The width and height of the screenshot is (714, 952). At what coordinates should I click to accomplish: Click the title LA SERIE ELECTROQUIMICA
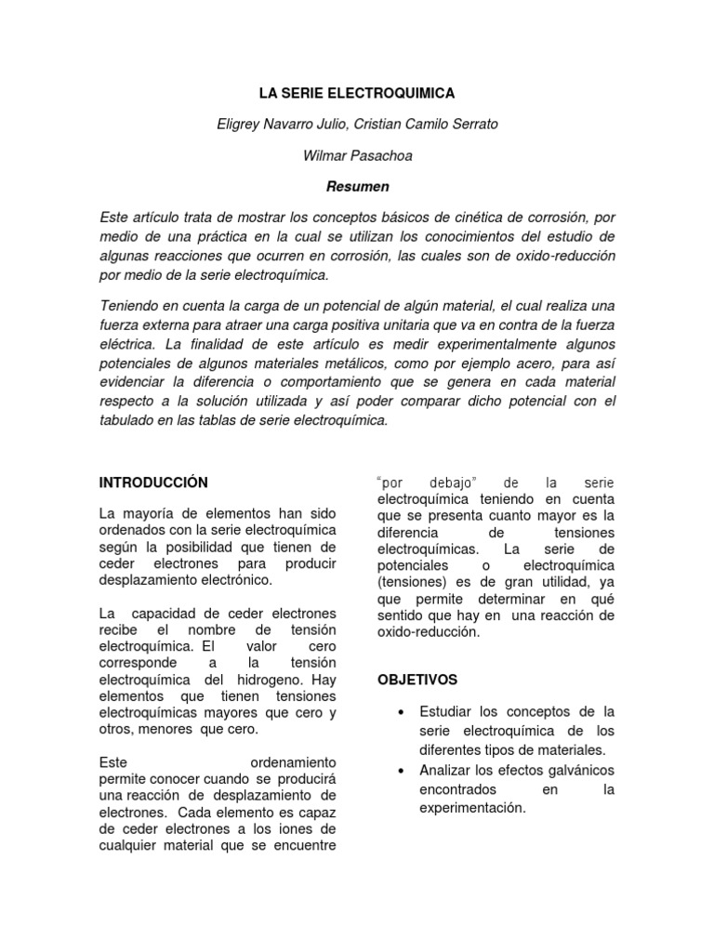(357, 94)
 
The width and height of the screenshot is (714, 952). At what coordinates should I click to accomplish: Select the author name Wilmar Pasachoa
(357, 155)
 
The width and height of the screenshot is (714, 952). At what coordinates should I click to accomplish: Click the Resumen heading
(357, 186)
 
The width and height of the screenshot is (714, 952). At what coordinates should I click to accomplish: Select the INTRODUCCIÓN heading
(153, 482)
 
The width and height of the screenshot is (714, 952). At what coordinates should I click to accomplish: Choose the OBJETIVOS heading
(416, 680)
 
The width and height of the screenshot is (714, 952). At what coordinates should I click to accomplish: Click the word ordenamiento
(293, 761)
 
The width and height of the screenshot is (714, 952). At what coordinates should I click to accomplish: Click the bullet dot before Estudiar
(400, 712)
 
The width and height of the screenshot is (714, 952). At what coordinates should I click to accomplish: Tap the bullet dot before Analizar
(400, 771)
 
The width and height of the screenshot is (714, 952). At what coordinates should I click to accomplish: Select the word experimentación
(472, 807)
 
